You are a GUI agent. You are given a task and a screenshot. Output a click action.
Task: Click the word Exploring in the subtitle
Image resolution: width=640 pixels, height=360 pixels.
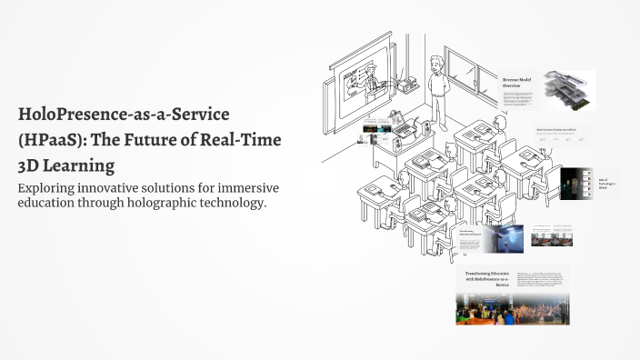point(53,187)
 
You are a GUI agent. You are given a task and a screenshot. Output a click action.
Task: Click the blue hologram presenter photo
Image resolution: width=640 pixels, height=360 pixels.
point(503,238)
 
